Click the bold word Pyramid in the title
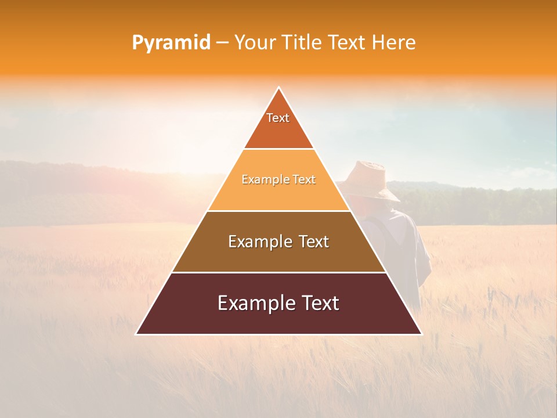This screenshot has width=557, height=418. coord(171,43)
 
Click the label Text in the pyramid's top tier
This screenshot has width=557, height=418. coord(278,118)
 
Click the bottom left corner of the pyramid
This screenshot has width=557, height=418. coord(136,334)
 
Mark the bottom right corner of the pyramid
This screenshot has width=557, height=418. coord(421,334)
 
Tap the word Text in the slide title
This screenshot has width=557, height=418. coord(346,43)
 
